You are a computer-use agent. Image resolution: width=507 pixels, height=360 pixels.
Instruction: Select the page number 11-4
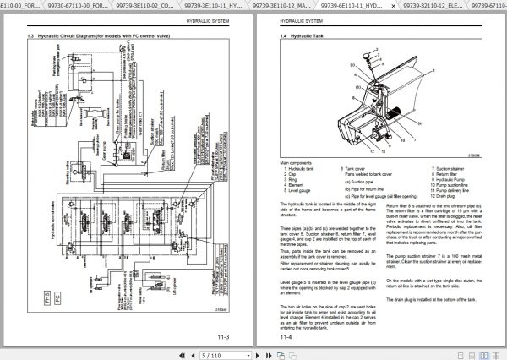coord(286,337)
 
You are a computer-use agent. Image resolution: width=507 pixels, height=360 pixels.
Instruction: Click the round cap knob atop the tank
coord(368,57)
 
